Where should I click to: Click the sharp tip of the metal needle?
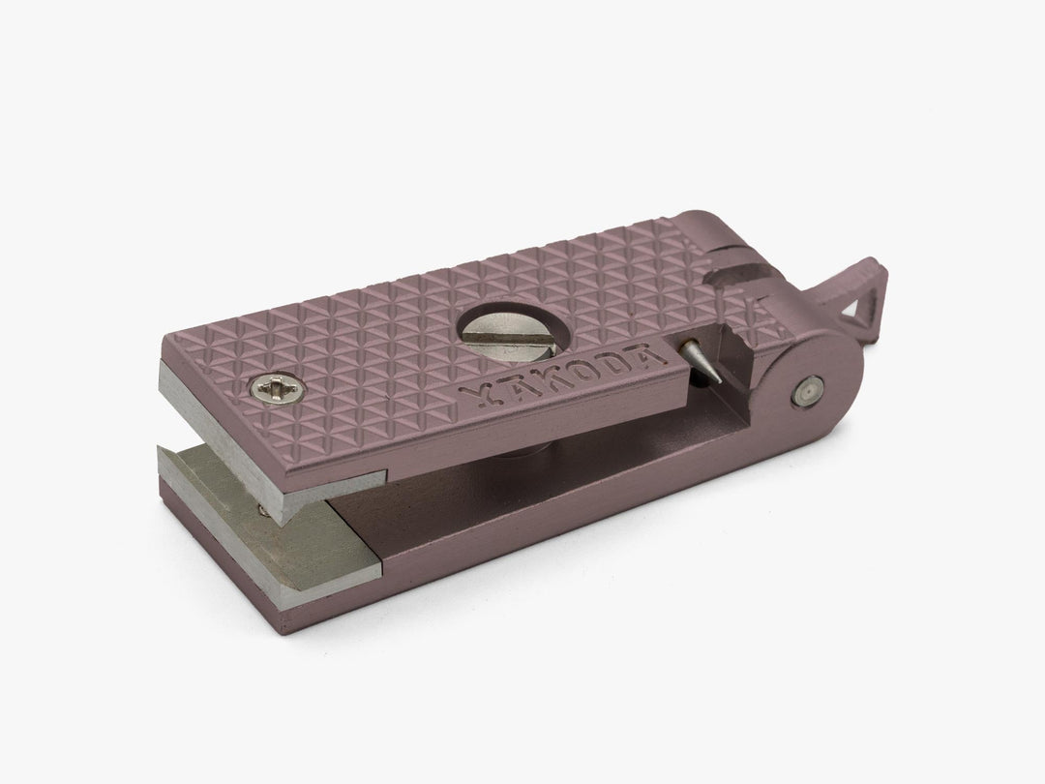(x=720, y=382)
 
